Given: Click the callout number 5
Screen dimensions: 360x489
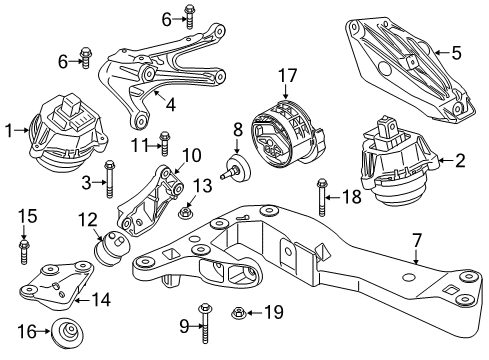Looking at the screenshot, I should tap(456, 52).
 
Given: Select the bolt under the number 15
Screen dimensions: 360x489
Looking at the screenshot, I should tap(23, 244).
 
